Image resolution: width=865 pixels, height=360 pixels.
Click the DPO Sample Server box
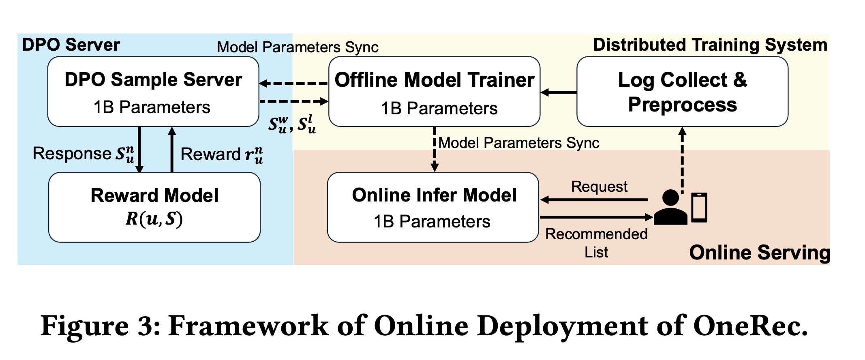point(153,92)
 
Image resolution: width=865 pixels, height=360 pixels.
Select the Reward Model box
point(154,207)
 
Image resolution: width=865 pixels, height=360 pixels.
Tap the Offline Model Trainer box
point(434,92)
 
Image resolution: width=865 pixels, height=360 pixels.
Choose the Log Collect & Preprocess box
point(682,92)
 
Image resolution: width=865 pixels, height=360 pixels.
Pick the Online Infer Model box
point(433,207)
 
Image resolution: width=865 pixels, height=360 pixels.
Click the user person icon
point(670,208)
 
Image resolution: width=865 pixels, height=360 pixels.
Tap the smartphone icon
point(699,208)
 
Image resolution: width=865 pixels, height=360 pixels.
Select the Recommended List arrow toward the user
point(596,218)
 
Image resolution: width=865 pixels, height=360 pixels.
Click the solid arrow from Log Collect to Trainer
point(559,92)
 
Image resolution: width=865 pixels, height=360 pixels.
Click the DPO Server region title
point(71,45)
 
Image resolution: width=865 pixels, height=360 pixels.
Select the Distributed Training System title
point(710,45)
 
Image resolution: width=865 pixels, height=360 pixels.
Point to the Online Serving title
point(760,252)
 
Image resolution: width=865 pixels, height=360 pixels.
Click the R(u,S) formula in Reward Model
point(154,219)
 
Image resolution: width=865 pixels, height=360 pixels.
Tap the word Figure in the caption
point(84,326)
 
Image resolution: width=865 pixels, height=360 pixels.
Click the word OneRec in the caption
point(750,326)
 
